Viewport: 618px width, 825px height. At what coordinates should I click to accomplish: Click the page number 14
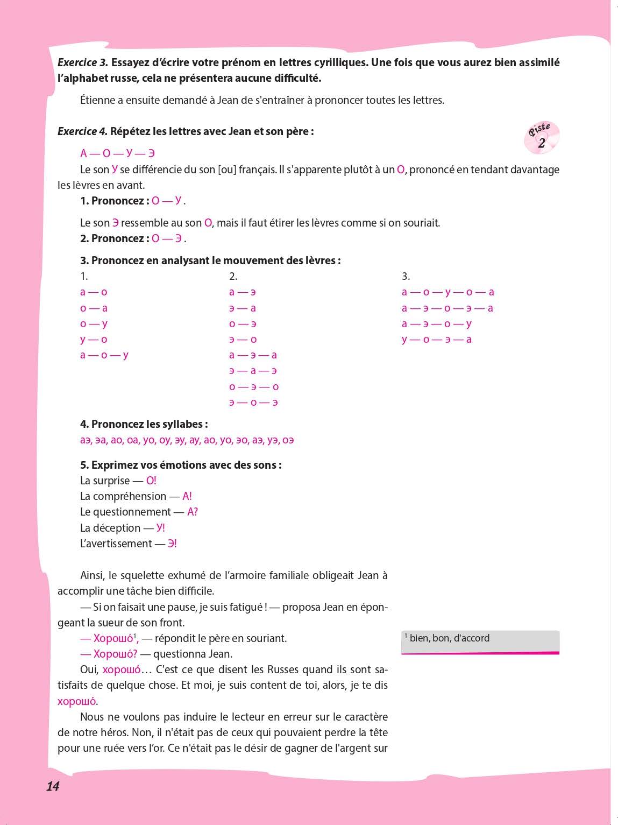coord(53,786)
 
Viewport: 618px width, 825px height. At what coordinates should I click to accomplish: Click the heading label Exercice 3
coord(83,62)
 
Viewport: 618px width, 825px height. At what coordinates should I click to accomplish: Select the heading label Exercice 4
coord(82,131)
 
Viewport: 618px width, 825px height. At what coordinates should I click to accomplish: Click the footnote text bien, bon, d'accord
coord(449,638)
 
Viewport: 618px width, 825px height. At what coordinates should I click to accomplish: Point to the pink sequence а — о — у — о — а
coord(447,292)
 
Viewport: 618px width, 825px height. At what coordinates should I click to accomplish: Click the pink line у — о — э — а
coord(436,340)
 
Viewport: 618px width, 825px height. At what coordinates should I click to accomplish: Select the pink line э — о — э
coord(253,403)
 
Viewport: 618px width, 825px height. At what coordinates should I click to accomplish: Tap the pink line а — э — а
coord(253,355)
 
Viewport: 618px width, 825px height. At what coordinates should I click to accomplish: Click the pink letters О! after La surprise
coord(151,481)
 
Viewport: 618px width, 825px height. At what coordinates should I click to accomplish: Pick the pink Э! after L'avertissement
coord(172,544)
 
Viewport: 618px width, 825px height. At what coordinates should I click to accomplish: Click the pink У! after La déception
coord(160,528)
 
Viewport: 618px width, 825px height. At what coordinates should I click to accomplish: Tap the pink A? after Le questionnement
coord(192,512)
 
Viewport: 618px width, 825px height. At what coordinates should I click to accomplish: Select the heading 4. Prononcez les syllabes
coord(144,424)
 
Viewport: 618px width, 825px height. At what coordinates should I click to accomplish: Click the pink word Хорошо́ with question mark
coord(115,654)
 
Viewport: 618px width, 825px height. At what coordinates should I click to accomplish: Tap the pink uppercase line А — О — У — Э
coord(117,153)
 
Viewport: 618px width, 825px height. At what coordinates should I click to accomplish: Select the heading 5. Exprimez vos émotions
coord(181,465)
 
